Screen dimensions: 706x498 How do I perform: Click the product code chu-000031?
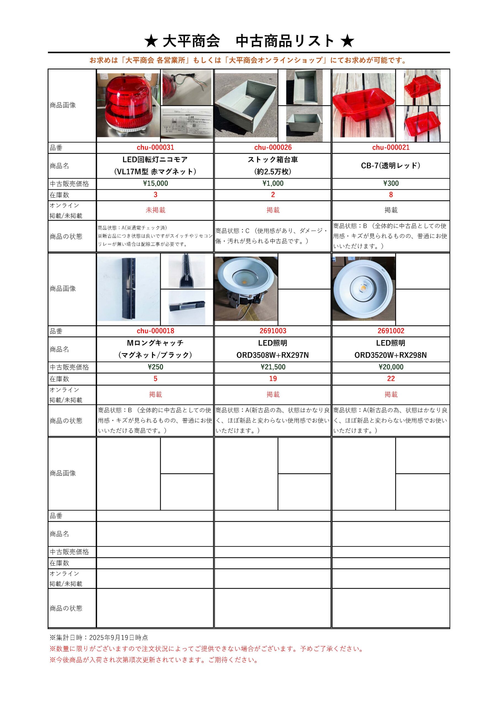click(x=155, y=148)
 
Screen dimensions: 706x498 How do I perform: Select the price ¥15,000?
click(x=155, y=184)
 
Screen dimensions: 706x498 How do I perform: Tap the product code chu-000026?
click(x=273, y=148)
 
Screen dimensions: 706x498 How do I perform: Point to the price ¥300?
click(x=391, y=184)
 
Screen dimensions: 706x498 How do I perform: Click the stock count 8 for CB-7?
click(x=391, y=195)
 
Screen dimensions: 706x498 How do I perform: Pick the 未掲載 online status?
click(x=155, y=210)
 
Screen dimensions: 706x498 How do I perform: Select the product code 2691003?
click(x=273, y=331)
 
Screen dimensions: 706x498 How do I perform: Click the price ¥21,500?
click(x=273, y=367)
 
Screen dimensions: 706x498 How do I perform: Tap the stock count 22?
click(x=391, y=379)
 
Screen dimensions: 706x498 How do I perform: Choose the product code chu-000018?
click(x=155, y=331)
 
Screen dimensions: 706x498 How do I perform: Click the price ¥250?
click(x=155, y=367)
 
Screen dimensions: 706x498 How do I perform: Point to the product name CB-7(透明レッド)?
click(x=391, y=166)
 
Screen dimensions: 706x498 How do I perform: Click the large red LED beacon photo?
click(x=128, y=105)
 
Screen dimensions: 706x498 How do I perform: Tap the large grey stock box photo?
click(x=246, y=105)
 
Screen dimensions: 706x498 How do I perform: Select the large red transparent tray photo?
click(x=364, y=105)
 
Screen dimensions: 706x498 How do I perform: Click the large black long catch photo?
click(x=128, y=289)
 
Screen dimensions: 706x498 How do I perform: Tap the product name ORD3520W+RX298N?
click(x=391, y=355)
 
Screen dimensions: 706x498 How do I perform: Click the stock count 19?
click(x=273, y=379)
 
